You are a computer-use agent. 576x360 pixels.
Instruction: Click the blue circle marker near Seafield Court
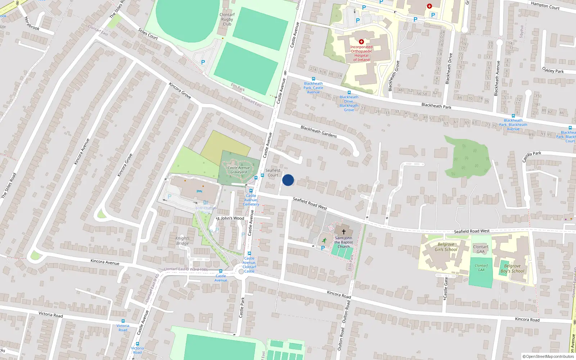coord(288,180)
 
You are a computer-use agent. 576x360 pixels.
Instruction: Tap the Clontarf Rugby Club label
coord(227,19)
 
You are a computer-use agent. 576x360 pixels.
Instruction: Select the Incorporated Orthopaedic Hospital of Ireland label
coord(361,53)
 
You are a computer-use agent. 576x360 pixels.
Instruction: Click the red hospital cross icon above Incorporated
coord(361,42)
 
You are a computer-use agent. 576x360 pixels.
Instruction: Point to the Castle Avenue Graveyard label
coord(239,170)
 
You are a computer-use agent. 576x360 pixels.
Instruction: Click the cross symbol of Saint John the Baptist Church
coord(344,231)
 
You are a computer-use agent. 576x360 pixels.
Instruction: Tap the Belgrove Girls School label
coord(446,247)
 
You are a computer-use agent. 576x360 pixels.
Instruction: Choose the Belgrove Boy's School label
coord(512,269)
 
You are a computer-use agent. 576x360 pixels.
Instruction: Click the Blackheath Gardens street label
coord(319,132)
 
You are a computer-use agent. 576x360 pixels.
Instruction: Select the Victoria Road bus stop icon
coord(123,321)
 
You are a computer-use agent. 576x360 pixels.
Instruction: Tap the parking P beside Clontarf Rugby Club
coord(203,62)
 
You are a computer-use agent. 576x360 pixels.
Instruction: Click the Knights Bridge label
coord(183,241)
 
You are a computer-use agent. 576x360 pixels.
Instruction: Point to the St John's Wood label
coord(230,218)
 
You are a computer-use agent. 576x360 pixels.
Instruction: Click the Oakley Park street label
coord(553,70)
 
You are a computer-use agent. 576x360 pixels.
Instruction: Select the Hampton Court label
coord(545,5)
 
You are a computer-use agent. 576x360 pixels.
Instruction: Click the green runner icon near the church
coord(324,240)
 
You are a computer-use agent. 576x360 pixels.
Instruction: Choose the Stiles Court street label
coord(148,34)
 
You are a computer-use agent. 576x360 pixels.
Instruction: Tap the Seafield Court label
coord(273,173)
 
